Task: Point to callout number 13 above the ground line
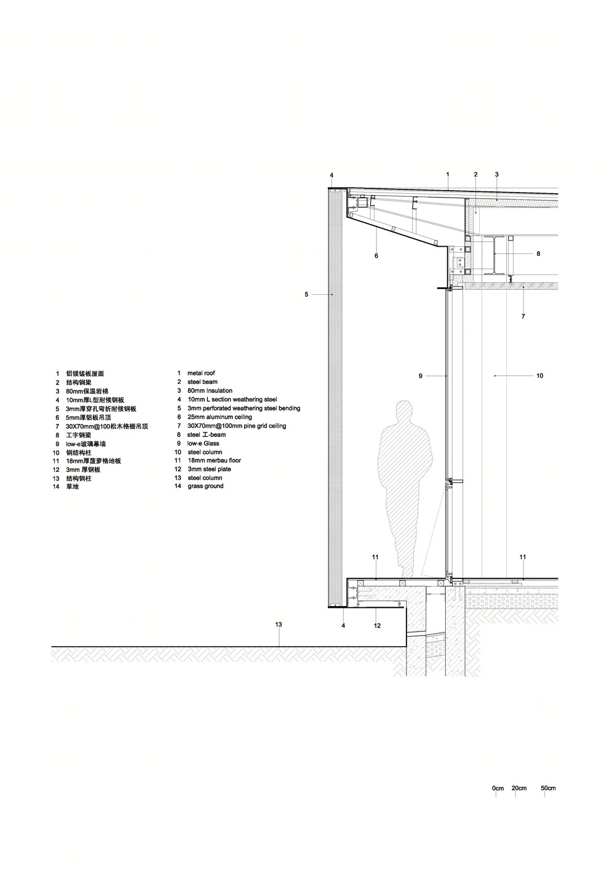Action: tap(279, 625)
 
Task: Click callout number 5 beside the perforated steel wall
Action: tap(306, 294)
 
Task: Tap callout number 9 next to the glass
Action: tap(421, 375)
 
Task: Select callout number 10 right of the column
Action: tap(540, 375)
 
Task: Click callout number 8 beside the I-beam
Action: tap(538, 253)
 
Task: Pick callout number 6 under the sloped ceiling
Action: tap(376, 255)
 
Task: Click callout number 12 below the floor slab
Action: tap(377, 625)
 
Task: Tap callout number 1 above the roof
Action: tap(448, 174)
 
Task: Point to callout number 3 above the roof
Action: tap(497, 174)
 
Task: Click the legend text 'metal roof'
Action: tap(201, 373)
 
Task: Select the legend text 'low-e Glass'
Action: tap(203, 443)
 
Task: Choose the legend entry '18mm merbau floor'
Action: tap(214, 460)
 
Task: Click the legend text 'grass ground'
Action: tap(205, 486)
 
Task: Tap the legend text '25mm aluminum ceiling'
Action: tap(220, 417)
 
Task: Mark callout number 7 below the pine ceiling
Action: tap(523, 316)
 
